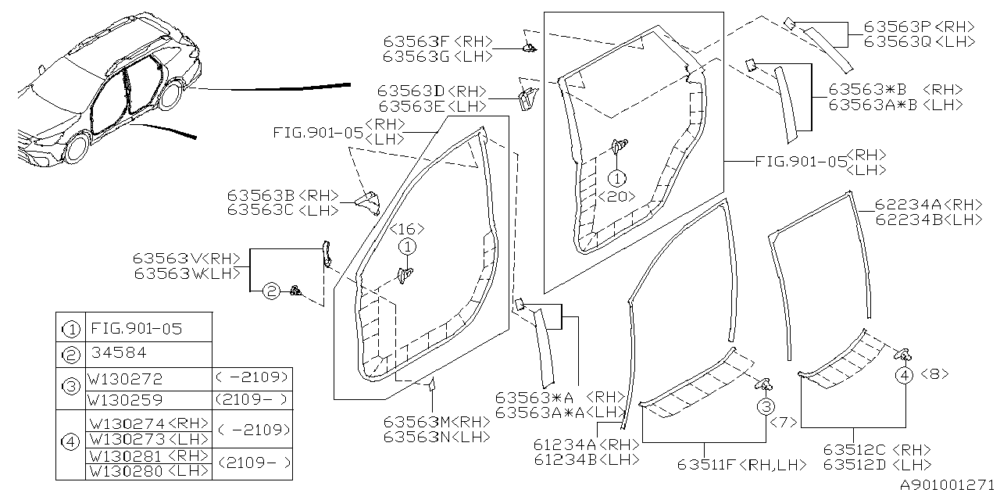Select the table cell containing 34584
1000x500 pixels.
(119, 352)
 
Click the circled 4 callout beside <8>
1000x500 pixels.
(904, 375)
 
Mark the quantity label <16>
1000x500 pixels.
(407, 229)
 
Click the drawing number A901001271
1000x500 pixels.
(945, 485)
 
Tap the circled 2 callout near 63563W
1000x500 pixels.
(270, 291)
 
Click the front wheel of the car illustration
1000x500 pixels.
(77, 148)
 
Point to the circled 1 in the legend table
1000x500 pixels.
(71, 329)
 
